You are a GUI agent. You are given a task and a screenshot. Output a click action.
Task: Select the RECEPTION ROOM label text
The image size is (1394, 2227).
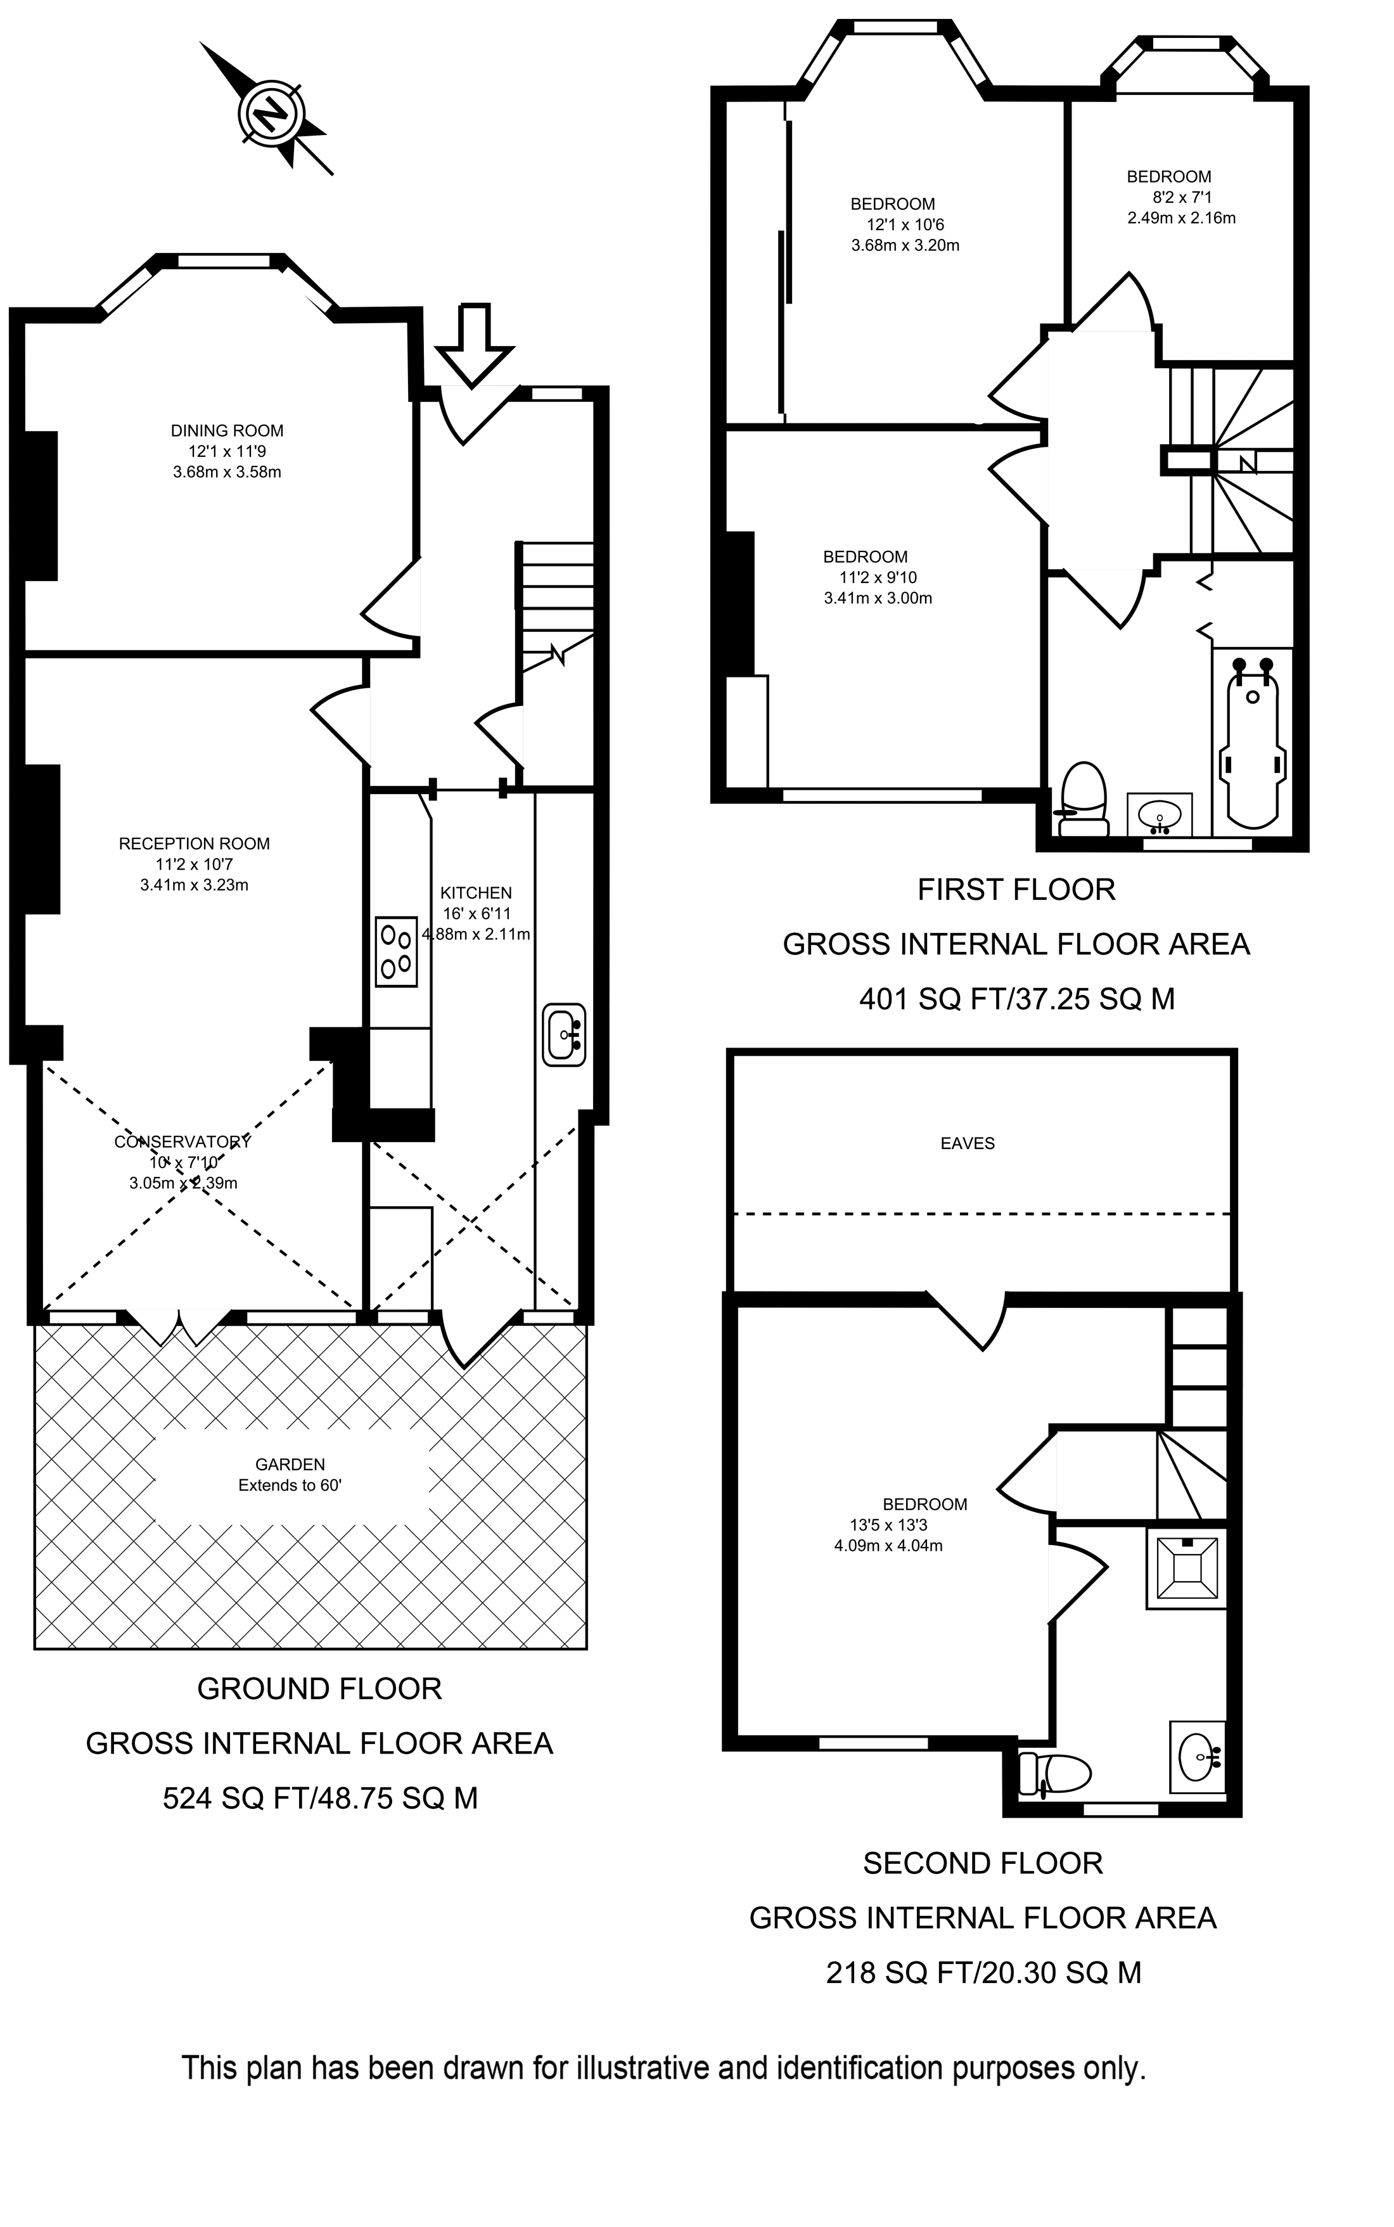[195, 844]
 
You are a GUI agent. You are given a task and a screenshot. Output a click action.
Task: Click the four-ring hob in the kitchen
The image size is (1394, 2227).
[397, 952]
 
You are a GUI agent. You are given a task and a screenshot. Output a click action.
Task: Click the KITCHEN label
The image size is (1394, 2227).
[476, 893]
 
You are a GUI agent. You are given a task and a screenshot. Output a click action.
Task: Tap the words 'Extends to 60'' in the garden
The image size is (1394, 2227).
[290, 1486]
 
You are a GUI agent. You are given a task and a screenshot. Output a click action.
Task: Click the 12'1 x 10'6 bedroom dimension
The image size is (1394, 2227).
[905, 225]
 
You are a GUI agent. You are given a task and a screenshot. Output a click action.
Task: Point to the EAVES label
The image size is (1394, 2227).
[967, 1143]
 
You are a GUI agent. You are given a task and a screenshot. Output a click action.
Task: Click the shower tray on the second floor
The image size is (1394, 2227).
[1187, 1569]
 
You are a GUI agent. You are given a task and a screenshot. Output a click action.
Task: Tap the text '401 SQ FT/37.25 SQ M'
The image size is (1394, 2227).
[1017, 999]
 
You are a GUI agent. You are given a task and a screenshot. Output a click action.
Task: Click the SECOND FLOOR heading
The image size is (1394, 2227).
[983, 1864]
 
